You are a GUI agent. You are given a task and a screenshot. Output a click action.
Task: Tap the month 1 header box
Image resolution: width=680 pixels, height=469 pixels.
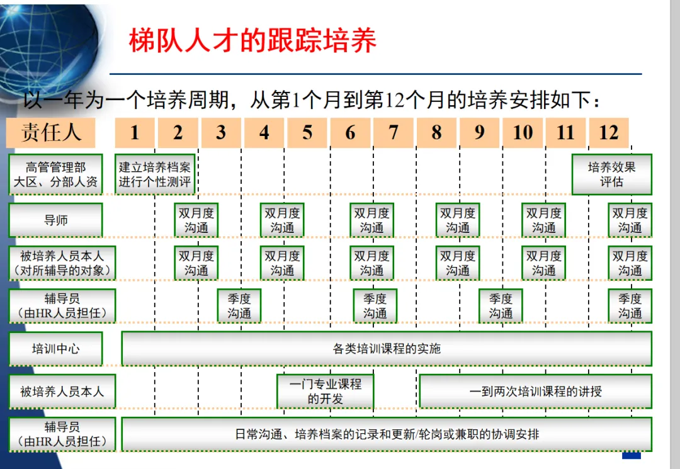coord(135,132)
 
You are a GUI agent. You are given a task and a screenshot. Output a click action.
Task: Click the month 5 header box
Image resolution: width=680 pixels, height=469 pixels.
coord(307,132)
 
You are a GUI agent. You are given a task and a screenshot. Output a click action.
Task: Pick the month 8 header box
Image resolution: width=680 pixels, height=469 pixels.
coord(436,132)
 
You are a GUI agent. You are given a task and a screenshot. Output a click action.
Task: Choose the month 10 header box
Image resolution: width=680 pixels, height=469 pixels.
coord(523,132)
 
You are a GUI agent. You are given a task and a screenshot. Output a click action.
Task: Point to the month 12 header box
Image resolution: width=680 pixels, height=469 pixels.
coord(609,132)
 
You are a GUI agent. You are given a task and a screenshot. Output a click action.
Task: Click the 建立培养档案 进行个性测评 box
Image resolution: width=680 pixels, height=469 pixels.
coord(155,174)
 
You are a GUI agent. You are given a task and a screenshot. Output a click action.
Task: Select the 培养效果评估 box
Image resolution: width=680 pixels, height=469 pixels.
coord(611,174)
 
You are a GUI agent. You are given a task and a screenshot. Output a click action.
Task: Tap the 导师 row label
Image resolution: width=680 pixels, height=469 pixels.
coord(55,220)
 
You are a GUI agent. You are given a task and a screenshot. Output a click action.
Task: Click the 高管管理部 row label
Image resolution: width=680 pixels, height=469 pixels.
coord(55,174)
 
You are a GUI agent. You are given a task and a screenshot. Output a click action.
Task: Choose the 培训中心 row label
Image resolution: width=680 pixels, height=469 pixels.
coord(55,349)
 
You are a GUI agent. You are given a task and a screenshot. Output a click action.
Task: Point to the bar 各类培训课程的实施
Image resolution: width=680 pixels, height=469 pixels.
coord(386,349)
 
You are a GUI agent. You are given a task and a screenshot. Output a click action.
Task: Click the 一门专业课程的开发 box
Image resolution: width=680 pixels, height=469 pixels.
coord(325,391)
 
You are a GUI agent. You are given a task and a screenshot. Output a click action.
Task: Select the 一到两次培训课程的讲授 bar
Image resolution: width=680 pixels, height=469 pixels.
coord(535,391)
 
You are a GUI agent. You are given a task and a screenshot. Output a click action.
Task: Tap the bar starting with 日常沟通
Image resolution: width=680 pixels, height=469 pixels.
coord(386,434)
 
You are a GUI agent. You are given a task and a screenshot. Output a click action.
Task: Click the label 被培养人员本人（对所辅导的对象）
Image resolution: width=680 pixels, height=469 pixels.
coord(62,263)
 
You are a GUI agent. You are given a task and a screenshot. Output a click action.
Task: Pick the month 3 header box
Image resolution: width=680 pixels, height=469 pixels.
coord(221,132)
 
